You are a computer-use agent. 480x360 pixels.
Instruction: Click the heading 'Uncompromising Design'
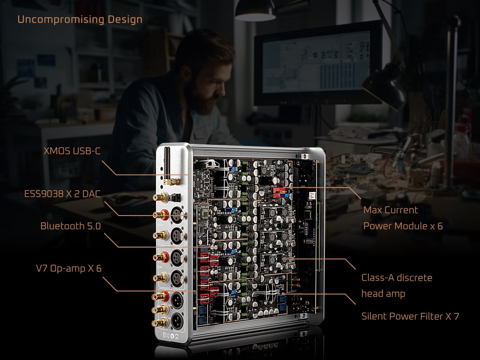pyautogui.click(x=80, y=20)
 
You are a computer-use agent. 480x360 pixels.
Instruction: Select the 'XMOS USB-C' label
pyautogui.click(x=72, y=151)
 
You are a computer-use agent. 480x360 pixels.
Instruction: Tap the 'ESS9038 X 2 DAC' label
pyautogui.click(x=62, y=194)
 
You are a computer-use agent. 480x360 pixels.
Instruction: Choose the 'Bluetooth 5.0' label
pyautogui.click(x=70, y=226)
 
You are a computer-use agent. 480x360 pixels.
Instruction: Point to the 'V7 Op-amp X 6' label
pyautogui.click(x=68, y=268)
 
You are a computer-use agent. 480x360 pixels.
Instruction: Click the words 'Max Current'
pyautogui.click(x=390, y=210)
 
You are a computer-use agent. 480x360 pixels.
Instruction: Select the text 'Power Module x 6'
pyautogui.click(x=403, y=226)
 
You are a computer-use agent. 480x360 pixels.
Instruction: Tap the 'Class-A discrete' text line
pyautogui.click(x=396, y=278)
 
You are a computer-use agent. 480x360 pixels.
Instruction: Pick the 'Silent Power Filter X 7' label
pyautogui.click(x=410, y=316)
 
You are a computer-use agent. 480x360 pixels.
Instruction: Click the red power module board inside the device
pyautogui.click(x=280, y=192)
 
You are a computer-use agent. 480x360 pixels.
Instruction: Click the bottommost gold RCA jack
pyautogui.click(x=159, y=323)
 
